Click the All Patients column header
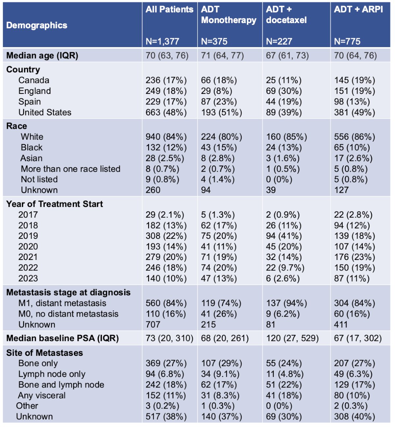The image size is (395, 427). click(x=169, y=10)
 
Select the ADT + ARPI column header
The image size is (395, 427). click(x=358, y=10)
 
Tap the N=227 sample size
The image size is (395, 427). click(x=279, y=41)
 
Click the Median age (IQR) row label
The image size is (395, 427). click(x=42, y=55)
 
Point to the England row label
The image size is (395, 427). click(x=35, y=91)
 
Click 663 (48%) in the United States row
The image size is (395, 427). click(x=166, y=112)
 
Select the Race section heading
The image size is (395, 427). click(x=16, y=126)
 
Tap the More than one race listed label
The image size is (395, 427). click(x=70, y=169)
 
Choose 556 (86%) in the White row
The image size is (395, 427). click(x=355, y=137)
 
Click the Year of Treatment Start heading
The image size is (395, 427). click(x=55, y=204)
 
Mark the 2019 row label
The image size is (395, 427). click(x=28, y=236)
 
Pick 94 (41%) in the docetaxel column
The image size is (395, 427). click(x=284, y=236)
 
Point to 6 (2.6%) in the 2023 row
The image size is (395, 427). click(x=283, y=278)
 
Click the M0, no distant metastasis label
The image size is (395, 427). click(x=68, y=314)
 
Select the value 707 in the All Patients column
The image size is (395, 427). click(x=153, y=325)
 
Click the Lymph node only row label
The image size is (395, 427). click(x=52, y=374)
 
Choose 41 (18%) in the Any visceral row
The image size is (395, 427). click(x=284, y=395)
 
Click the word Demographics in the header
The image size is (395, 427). click(x=37, y=25)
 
